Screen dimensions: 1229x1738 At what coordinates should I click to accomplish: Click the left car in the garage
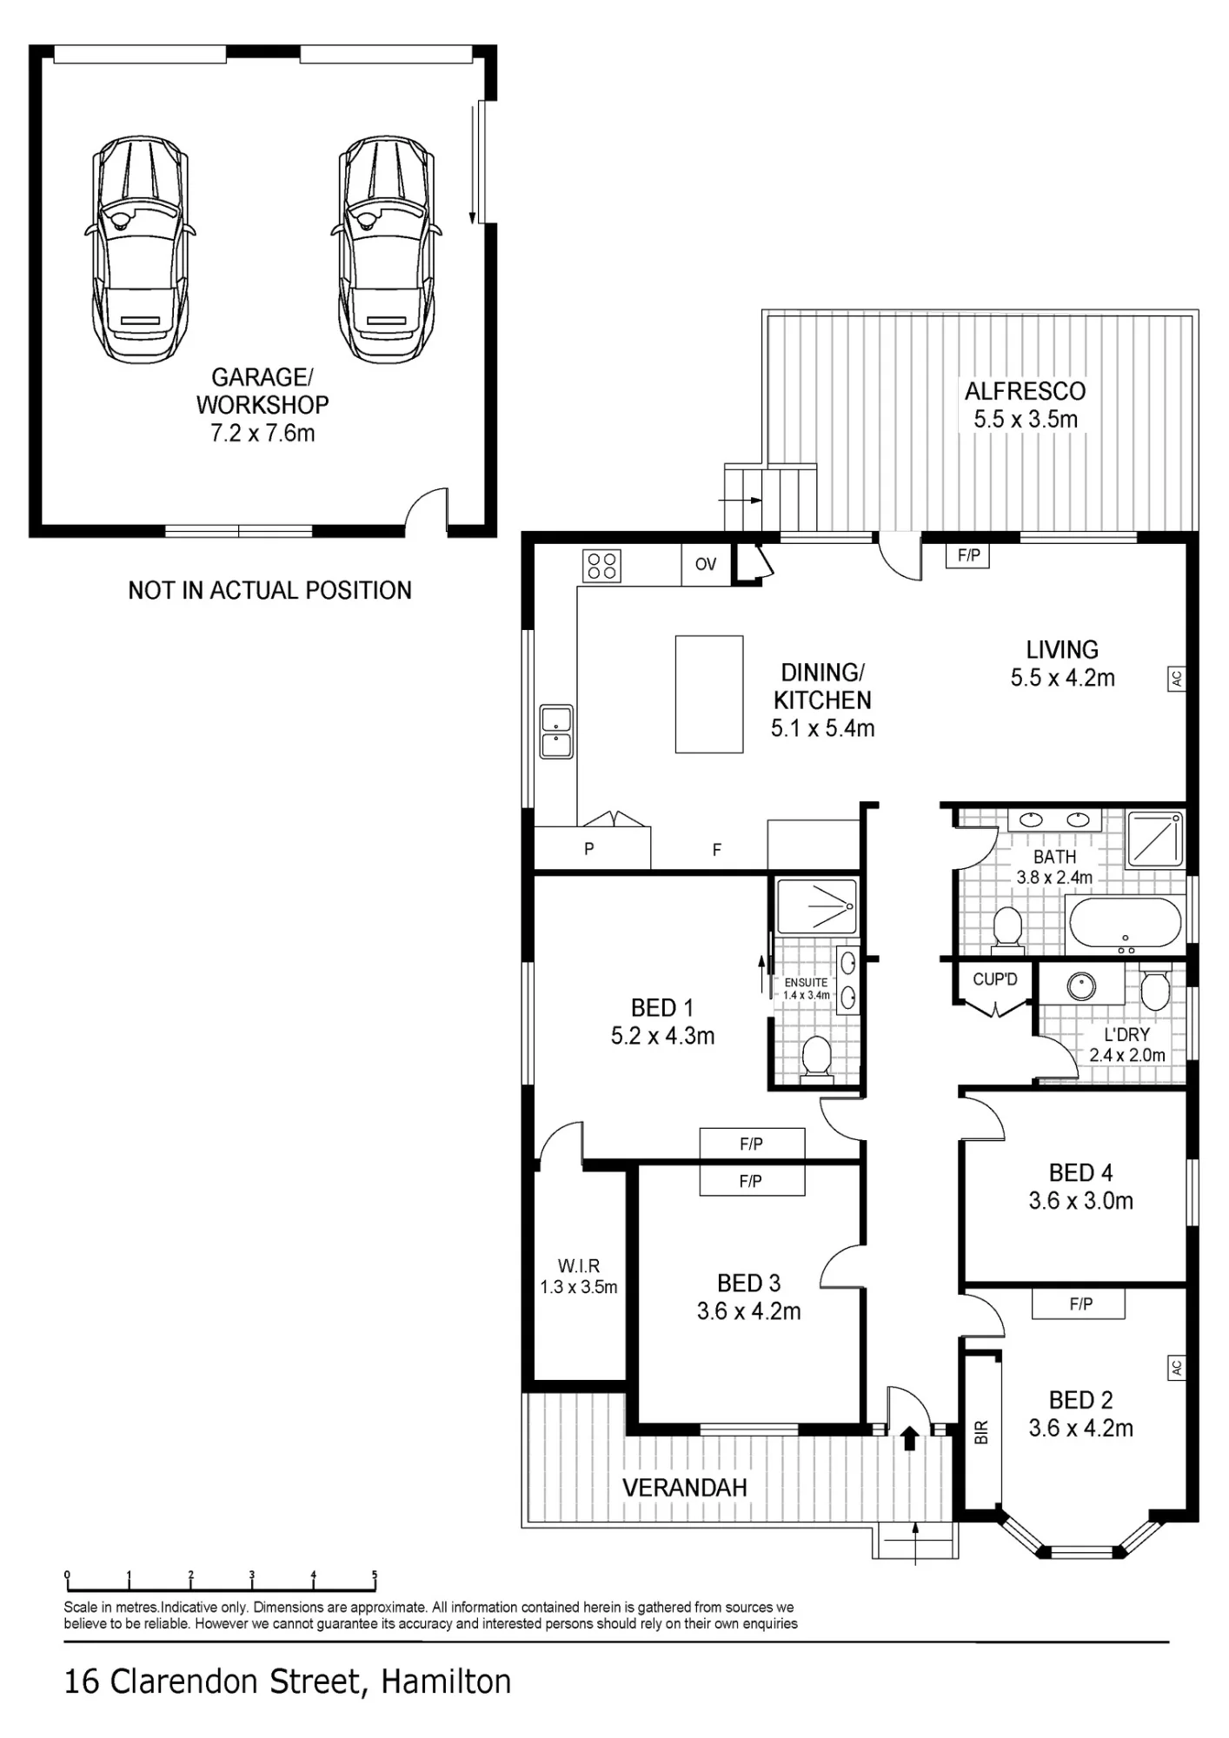(140, 249)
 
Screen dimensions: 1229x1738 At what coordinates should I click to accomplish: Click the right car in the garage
(386, 249)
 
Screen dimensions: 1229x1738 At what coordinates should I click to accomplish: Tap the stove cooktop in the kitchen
(601, 566)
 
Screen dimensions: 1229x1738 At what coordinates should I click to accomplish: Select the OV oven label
(706, 564)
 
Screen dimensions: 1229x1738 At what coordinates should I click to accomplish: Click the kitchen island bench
(709, 694)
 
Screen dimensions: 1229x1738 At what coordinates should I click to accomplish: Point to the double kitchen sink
(556, 732)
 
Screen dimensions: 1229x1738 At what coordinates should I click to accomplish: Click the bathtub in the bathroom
(1125, 924)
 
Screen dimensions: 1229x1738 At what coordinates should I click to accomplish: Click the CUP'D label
(995, 979)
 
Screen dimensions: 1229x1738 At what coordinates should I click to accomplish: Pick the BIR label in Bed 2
(981, 1432)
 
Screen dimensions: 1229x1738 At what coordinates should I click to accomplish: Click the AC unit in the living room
(1176, 679)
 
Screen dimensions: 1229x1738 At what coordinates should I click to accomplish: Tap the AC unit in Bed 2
(1176, 1368)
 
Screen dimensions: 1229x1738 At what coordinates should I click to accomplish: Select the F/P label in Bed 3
(751, 1181)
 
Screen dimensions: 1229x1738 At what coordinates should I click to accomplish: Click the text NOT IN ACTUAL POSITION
(269, 591)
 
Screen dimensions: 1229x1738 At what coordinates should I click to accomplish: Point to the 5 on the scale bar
(375, 1575)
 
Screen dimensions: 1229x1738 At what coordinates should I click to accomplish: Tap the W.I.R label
(579, 1266)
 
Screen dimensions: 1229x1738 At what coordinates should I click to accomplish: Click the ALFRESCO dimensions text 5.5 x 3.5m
(1026, 419)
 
